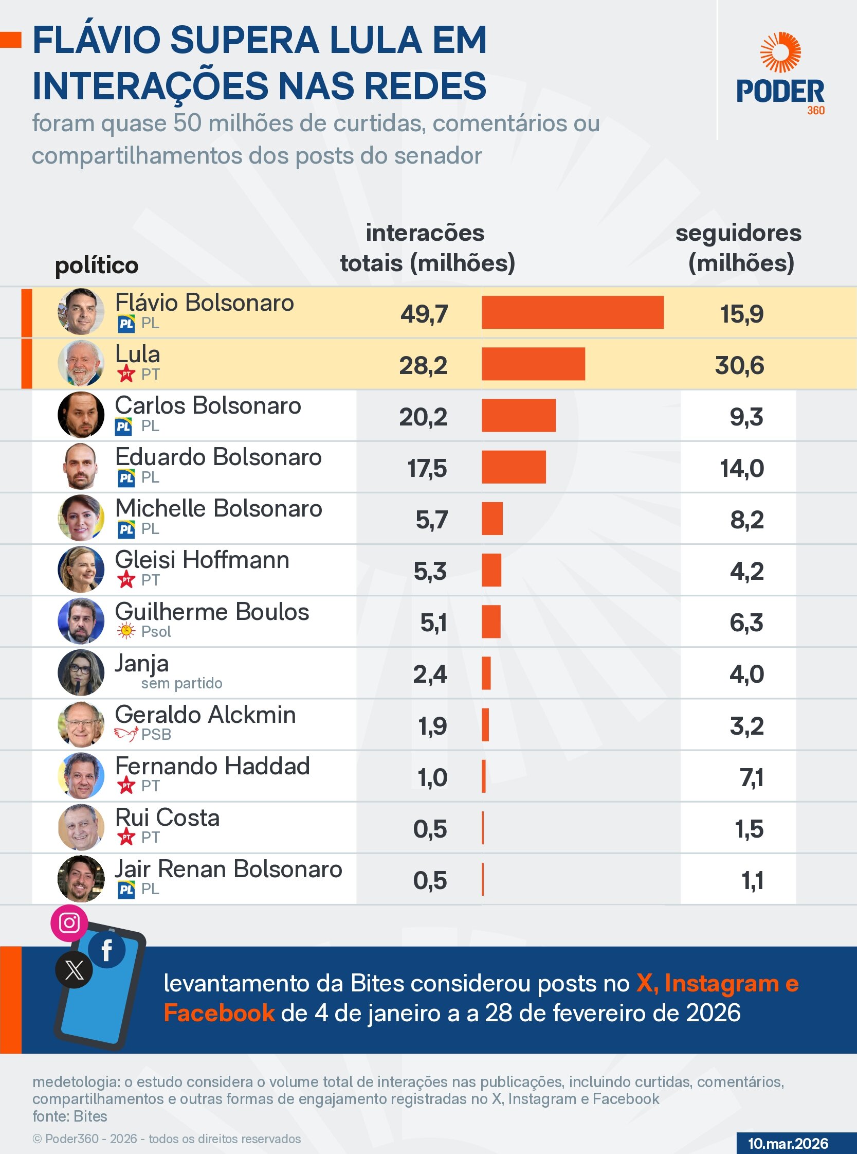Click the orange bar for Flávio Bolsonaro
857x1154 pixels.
[572, 312]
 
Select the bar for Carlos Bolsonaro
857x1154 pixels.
[518, 415]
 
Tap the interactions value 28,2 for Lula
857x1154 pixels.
[423, 365]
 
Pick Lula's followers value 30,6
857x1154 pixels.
[739, 365]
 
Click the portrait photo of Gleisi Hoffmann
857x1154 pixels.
[81, 570]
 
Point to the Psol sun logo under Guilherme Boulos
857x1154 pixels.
[125, 631]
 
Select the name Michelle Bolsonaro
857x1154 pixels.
[218, 508]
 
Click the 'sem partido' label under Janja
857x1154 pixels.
[181, 683]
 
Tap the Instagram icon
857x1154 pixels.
[69, 922]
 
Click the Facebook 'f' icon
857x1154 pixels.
[107, 950]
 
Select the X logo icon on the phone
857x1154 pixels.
[74, 970]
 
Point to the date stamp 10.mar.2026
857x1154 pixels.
[788, 1143]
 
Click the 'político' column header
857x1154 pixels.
[97, 265]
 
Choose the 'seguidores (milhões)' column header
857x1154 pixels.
[739, 248]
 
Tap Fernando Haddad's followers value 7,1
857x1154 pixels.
[751, 777]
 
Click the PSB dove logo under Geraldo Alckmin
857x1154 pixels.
[126, 734]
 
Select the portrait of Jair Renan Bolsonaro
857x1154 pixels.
[81, 878]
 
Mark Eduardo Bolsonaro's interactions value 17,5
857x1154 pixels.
[426, 468]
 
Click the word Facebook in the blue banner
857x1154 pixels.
[219, 1013]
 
